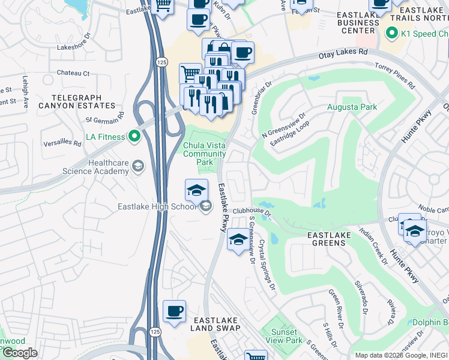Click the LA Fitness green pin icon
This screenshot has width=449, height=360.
click(134, 137)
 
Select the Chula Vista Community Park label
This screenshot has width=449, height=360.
click(205, 154)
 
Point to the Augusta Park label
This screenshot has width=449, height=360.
click(352, 107)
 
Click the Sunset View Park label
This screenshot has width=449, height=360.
click(283, 336)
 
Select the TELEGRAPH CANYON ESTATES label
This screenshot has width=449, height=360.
click(83, 101)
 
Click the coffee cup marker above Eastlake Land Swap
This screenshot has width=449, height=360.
click(175, 311)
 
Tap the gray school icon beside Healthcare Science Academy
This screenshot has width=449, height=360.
click(137, 166)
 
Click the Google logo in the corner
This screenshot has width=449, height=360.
click(20, 353)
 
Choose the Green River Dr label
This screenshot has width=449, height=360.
click(334, 305)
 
